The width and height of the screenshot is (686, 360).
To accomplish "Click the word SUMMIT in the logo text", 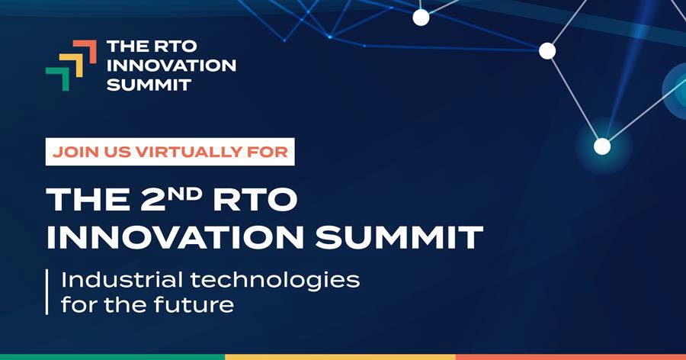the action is [149, 85].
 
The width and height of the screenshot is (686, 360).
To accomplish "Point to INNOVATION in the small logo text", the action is [171, 66].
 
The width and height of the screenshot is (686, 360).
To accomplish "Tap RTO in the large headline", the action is [255, 199].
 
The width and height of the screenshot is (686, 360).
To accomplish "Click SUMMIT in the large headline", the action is [399, 237].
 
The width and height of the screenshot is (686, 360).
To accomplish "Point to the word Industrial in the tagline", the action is [122, 279].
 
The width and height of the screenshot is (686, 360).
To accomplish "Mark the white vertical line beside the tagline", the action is [46, 291].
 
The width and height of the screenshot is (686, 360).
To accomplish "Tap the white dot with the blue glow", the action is [602, 146].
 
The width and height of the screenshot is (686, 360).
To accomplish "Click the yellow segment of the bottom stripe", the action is [341, 357].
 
